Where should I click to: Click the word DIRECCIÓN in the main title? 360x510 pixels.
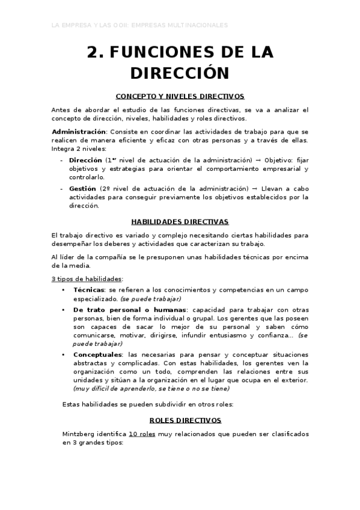click(x=180, y=73)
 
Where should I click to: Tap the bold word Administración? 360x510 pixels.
click(x=79, y=131)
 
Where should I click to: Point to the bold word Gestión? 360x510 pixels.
click(x=82, y=188)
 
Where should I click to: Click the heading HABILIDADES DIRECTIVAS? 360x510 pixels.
click(x=180, y=221)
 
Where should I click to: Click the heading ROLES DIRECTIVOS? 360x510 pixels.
click(x=180, y=420)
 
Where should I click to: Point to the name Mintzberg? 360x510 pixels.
click(x=82, y=434)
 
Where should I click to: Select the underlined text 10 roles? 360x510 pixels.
click(x=144, y=434)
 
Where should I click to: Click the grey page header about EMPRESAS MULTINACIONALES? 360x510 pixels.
click(x=140, y=26)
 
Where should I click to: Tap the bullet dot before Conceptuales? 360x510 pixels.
click(x=64, y=355)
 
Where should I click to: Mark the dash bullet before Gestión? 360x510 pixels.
click(x=62, y=188)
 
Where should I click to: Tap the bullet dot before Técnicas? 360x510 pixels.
click(x=64, y=290)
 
